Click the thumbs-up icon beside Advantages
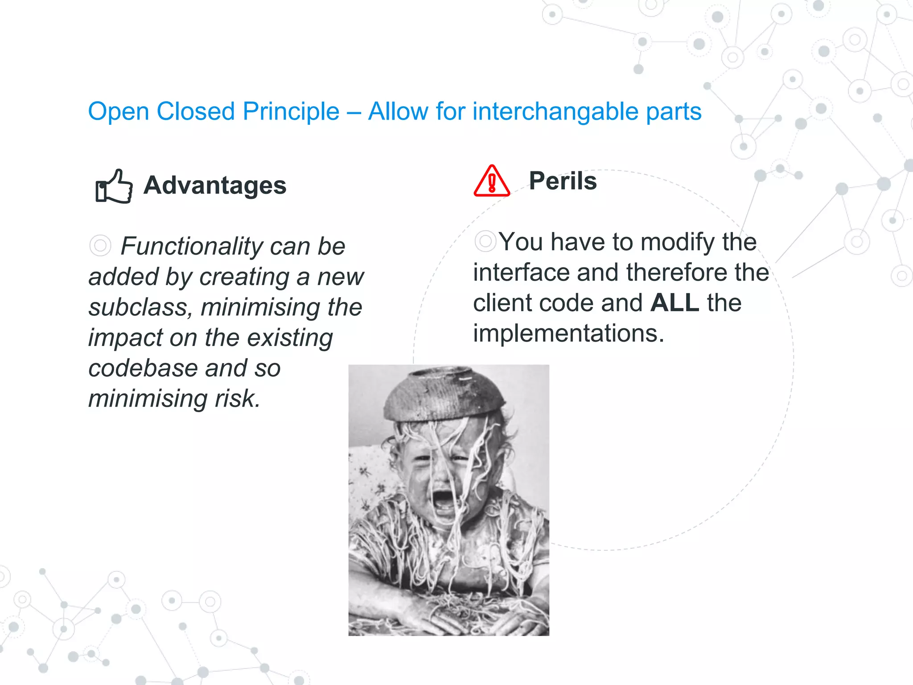tap(114, 186)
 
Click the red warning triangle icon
tap(492, 182)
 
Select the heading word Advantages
tap(215, 185)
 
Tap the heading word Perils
tap(563, 181)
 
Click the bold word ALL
tap(674, 303)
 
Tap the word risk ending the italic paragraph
tap(238, 399)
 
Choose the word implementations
tap(568, 333)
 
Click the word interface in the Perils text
tap(521, 272)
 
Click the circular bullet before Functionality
tap(100, 246)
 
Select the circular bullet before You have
tap(485, 241)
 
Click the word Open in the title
tap(118, 111)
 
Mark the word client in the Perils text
tap(502, 303)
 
